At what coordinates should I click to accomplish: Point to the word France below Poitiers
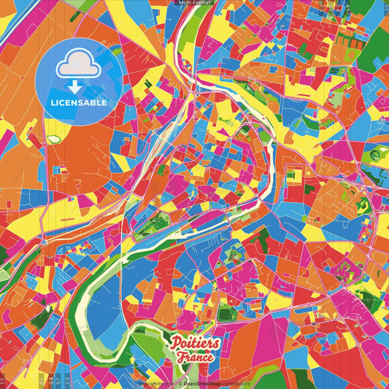[194, 358]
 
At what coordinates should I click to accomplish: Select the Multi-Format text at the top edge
[194, 3]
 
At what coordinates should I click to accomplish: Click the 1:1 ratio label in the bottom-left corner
[3, 382]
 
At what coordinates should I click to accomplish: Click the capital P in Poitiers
[175, 344]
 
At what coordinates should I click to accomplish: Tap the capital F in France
[180, 358]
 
